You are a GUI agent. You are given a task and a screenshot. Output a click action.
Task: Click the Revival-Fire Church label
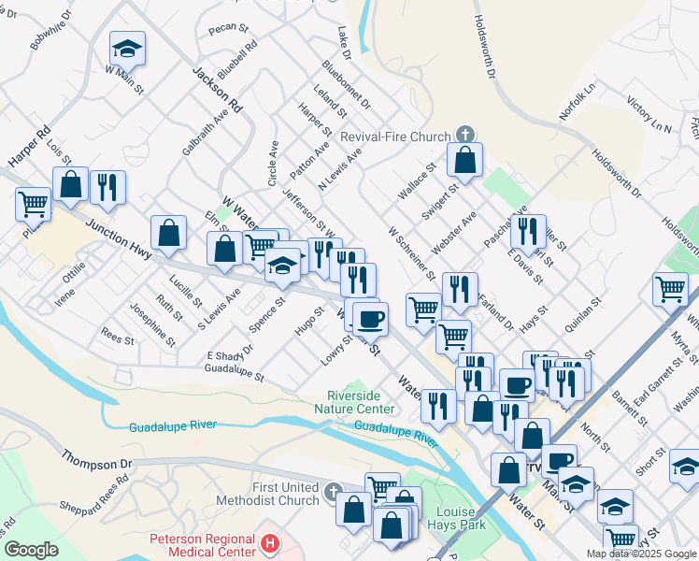coord(394,137)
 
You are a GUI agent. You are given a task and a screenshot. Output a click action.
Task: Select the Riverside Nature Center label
coord(361,402)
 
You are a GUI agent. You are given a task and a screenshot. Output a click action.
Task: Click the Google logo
coord(31,550)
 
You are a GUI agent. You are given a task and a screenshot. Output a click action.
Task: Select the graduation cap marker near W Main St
coord(127,49)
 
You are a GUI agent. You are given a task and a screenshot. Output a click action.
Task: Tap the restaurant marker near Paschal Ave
coord(529,234)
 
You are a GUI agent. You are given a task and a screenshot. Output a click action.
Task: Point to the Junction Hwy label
coord(119,239)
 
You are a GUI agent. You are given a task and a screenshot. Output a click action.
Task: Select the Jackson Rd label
coord(217,89)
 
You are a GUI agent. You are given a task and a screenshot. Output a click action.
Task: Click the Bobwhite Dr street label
coord(50,30)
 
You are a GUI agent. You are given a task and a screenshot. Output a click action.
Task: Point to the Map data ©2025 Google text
coord(640,554)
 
